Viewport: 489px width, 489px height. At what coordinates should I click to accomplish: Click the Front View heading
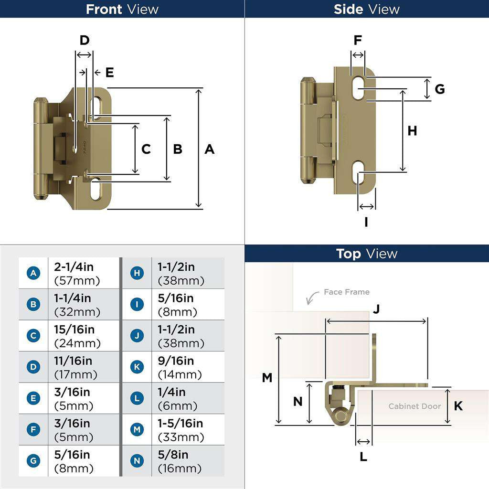(x=122, y=9)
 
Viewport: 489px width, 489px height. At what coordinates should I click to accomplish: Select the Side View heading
(x=366, y=9)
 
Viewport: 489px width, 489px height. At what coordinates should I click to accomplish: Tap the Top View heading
(x=366, y=254)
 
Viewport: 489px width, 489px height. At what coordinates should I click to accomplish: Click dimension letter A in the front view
(x=209, y=149)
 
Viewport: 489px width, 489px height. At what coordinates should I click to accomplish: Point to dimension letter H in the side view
(x=412, y=131)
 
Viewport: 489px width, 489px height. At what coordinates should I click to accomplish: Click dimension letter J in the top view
(x=376, y=309)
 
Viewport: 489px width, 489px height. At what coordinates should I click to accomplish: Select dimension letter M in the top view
(x=267, y=378)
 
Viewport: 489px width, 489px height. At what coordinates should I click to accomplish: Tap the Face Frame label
(x=346, y=292)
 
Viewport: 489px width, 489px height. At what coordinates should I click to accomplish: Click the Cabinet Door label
(x=414, y=406)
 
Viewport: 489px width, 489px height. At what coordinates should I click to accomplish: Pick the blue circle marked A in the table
(x=33, y=273)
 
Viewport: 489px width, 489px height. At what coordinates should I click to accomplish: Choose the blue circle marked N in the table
(x=137, y=461)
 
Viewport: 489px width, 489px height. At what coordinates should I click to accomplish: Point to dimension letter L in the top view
(x=363, y=457)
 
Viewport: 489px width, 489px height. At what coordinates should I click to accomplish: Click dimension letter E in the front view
(x=109, y=73)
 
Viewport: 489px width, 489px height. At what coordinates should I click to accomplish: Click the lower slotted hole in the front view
(x=96, y=190)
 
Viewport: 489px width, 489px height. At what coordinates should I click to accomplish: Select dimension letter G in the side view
(x=440, y=89)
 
